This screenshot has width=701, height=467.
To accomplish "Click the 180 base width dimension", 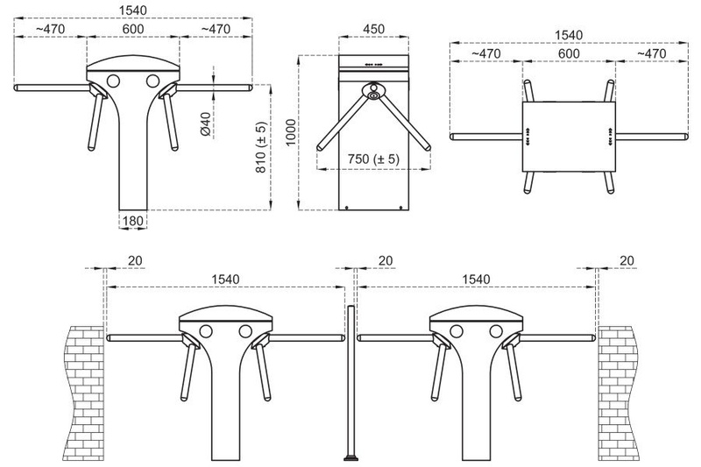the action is pos(133,221).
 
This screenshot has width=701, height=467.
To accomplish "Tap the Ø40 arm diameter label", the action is pos(206,124).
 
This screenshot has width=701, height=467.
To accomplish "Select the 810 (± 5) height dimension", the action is pos(261,147).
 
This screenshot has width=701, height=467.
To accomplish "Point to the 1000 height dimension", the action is pos(291,132).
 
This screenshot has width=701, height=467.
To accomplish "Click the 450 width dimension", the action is pos(374,29).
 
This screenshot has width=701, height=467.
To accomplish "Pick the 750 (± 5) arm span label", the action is pos(374,159).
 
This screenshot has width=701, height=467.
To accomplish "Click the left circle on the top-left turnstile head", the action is pos(113,81).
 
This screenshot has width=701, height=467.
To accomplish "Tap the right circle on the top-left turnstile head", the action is pos(152,81).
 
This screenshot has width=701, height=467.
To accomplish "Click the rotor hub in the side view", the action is pos(373,91).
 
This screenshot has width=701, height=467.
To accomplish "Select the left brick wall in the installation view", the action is pos(84,393).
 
